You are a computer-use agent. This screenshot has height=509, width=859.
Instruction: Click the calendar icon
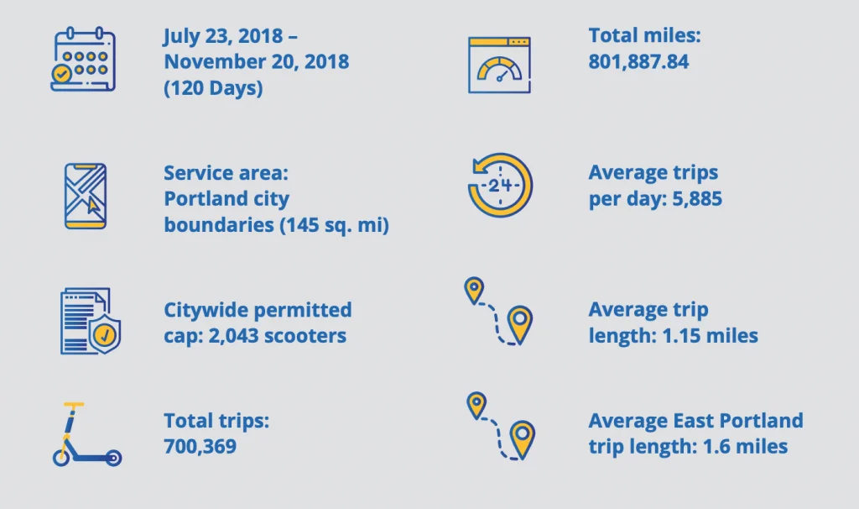[83, 60]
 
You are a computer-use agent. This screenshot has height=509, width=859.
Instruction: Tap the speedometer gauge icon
[499, 66]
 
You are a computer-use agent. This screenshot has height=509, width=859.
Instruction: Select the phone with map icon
[86, 196]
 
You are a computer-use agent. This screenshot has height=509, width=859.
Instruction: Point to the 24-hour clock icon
[500, 186]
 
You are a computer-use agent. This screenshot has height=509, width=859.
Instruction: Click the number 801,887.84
[638, 61]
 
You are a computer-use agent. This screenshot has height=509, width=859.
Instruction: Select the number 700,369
[200, 446]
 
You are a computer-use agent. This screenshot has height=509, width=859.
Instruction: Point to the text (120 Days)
[213, 87]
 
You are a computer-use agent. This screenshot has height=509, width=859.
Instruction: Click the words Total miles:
[644, 35]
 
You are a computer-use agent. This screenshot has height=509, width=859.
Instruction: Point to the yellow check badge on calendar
[62, 74]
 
